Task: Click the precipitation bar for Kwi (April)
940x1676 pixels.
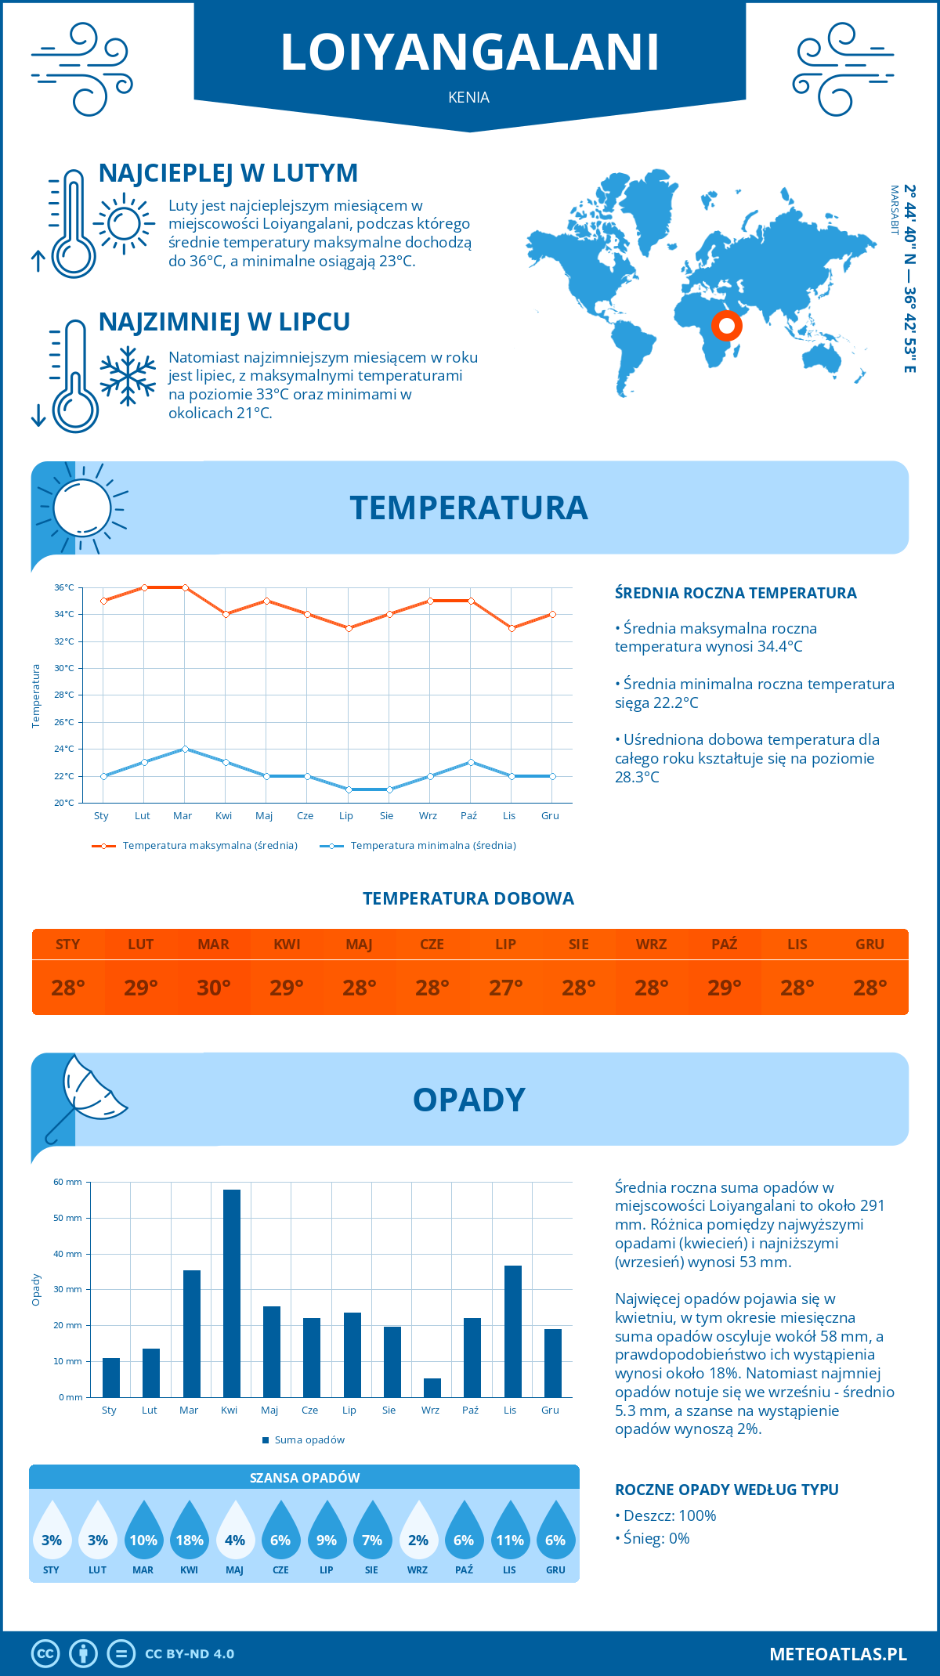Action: [x=232, y=1293]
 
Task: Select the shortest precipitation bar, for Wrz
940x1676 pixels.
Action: [x=432, y=1388]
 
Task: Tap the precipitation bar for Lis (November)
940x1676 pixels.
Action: [x=513, y=1331]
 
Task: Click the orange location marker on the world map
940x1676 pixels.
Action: [x=727, y=325]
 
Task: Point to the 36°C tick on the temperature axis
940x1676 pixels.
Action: [x=64, y=587]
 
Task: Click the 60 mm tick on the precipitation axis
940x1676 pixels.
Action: [x=68, y=1182]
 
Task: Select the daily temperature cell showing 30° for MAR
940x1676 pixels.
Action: [x=214, y=988]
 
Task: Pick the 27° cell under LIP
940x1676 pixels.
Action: [x=505, y=988]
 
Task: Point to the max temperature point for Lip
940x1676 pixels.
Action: [x=349, y=628]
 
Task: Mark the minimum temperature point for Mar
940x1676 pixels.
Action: [x=185, y=749]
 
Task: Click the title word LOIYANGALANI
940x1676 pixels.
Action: [x=470, y=53]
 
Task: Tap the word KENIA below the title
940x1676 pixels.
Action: [x=469, y=97]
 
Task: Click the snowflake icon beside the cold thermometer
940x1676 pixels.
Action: [x=128, y=376]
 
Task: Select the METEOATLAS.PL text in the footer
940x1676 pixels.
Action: [x=838, y=1654]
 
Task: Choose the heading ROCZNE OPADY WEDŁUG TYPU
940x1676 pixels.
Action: [x=726, y=1490]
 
